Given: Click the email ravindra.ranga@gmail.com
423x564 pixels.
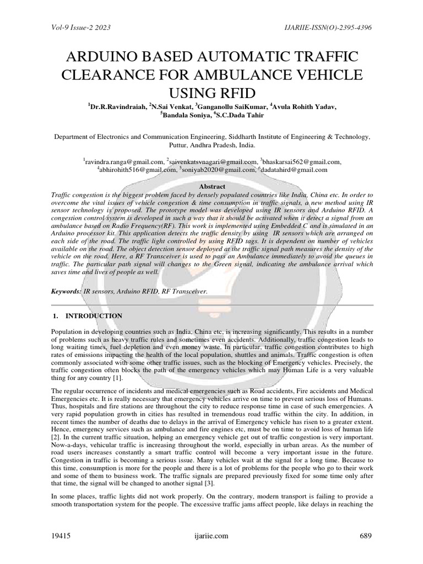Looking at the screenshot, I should [124, 161].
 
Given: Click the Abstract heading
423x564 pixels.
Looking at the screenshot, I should [211, 187].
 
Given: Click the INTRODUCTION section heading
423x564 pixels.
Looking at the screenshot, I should [94, 316].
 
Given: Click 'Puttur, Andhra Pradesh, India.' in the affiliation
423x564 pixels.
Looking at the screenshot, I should [211, 145].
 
